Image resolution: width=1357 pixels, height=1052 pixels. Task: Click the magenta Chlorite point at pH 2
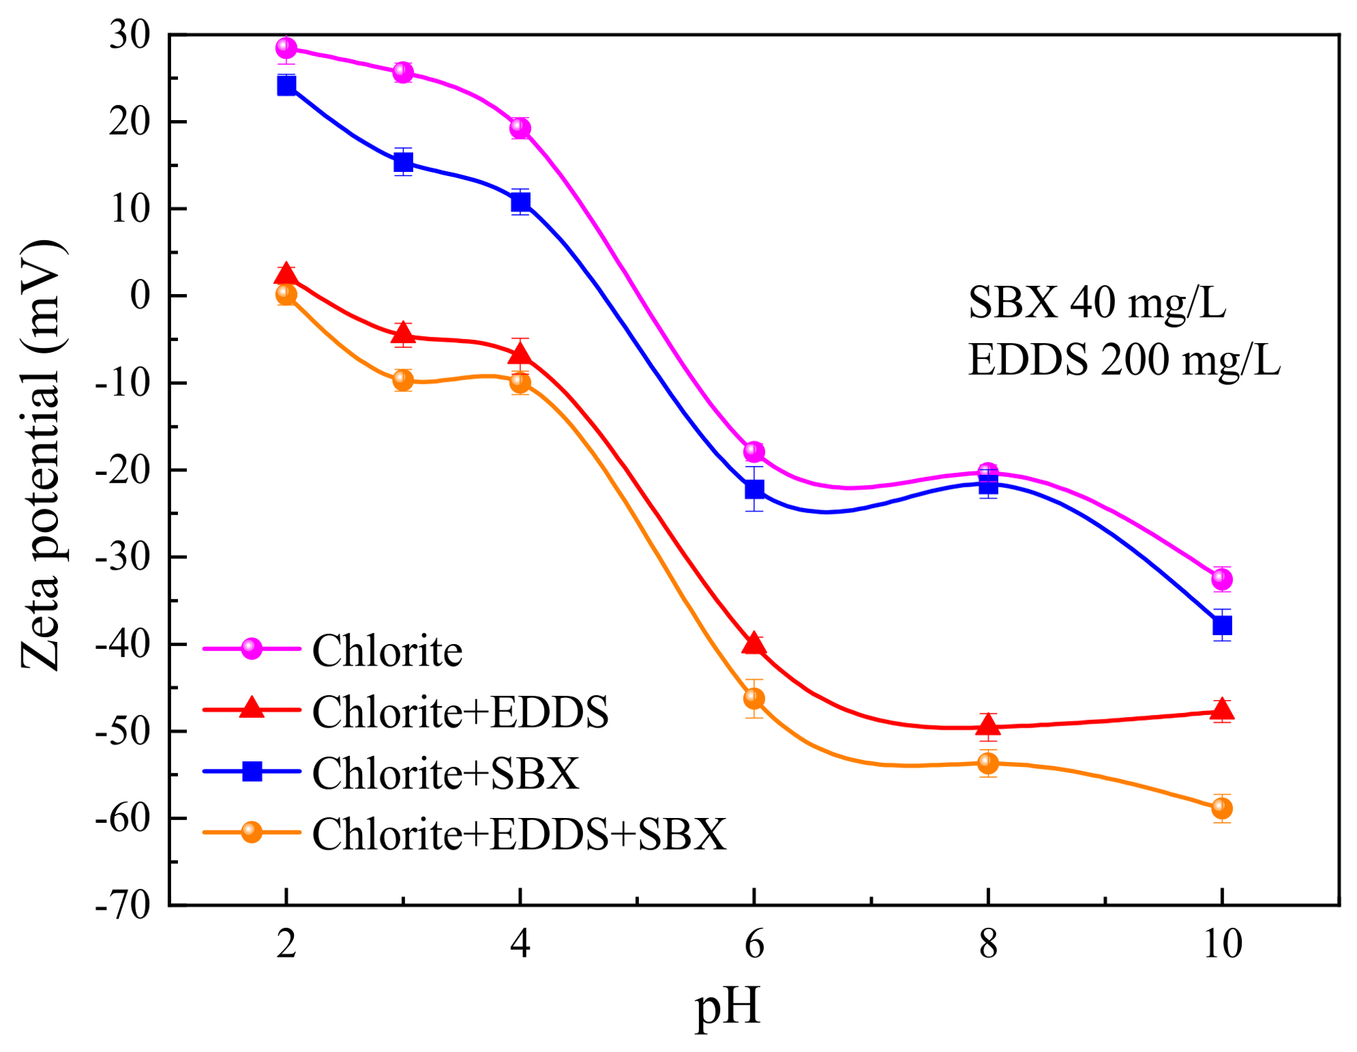[x=286, y=48]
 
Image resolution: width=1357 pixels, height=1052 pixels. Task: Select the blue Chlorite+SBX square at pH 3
[x=404, y=162]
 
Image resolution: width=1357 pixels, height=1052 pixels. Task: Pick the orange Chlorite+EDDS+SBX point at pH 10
[x=1222, y=808]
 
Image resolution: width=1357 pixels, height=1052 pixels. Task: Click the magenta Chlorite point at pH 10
[x=1222, y=579]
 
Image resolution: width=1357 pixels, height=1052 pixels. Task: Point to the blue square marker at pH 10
[x=1222, y=625]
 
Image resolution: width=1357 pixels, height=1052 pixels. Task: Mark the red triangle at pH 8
[x=988, y=725]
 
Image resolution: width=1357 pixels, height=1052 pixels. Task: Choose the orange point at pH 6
[x=754, y=699]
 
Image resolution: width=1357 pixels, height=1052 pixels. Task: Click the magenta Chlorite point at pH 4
[x=520, y=128]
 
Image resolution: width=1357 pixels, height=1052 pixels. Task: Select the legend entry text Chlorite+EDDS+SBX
[x=519, y=834]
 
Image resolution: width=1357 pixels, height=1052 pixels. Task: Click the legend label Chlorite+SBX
[x=446, y=772]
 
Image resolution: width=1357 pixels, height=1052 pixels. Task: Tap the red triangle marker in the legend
[x=252, y=708]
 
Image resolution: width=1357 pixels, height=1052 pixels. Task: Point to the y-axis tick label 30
[x=130, y=35]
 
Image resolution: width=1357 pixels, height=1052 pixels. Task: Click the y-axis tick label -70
[x=123, y=904]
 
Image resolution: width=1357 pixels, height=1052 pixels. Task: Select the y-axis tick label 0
[x=140, y=295]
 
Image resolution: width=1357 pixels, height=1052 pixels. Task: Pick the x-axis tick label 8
[x=988, y=944]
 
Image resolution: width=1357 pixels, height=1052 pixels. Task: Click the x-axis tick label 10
[x=1222, y=944]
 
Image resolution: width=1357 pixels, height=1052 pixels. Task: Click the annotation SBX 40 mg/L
[x=1097, y=302]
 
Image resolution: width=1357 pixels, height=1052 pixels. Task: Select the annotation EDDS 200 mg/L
[x=1124, y=360]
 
